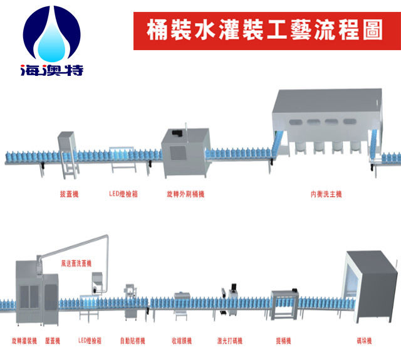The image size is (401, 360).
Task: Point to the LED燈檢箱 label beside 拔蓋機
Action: [x=123, y=194]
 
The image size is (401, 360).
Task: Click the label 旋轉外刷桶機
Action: [x=185, y=194]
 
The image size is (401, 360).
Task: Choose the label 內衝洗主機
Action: [x=326, y=194]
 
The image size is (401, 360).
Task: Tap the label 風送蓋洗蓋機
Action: [x=76, y=263]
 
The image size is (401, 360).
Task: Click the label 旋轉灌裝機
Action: [x=24, y=341]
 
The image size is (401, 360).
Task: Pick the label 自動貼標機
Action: [x=132, y=341]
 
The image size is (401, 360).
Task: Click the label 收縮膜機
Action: [x=182, y=341]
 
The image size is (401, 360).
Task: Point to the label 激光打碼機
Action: [x=230, y=341]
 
